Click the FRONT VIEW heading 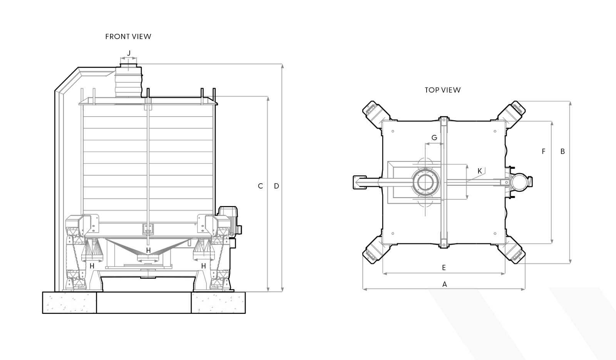pyautogui.click(x=128, y=37)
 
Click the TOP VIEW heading pyautogui.click(x=442, y=90)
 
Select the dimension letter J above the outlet pyautogui.click(x=129, y=52)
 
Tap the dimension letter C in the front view pyautogui.click(x=260, y=186)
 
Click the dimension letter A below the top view pyautogui.click(x=445, y=284)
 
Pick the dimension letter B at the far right pyautogui.click(x=562, y=151)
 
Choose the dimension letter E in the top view pyautogui.click(x=444, y=267)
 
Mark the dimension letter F pyautogui.click(x=544, y=151)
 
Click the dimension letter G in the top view pyautogui.click(x=434, y=137)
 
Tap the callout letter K pyautogui.click(x=479, y=170)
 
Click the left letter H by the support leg pyautogui.click(x=92, y=266)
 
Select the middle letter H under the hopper pyautogui.click(x=148, y=250)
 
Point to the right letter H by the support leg pyautogui.click(x=204, y=266)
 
